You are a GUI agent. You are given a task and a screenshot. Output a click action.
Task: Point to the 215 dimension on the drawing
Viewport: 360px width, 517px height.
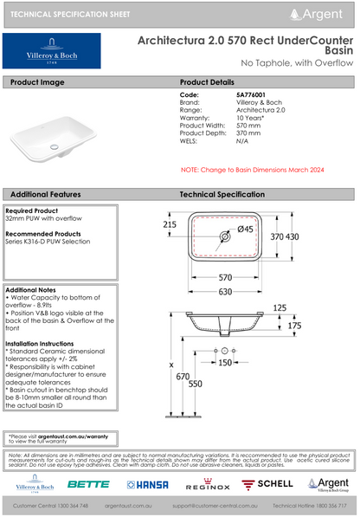169,223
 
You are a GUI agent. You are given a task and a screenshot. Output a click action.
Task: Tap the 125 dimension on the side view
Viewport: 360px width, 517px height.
303,307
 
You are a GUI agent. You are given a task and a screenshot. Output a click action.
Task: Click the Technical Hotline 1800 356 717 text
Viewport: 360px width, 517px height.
309,504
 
